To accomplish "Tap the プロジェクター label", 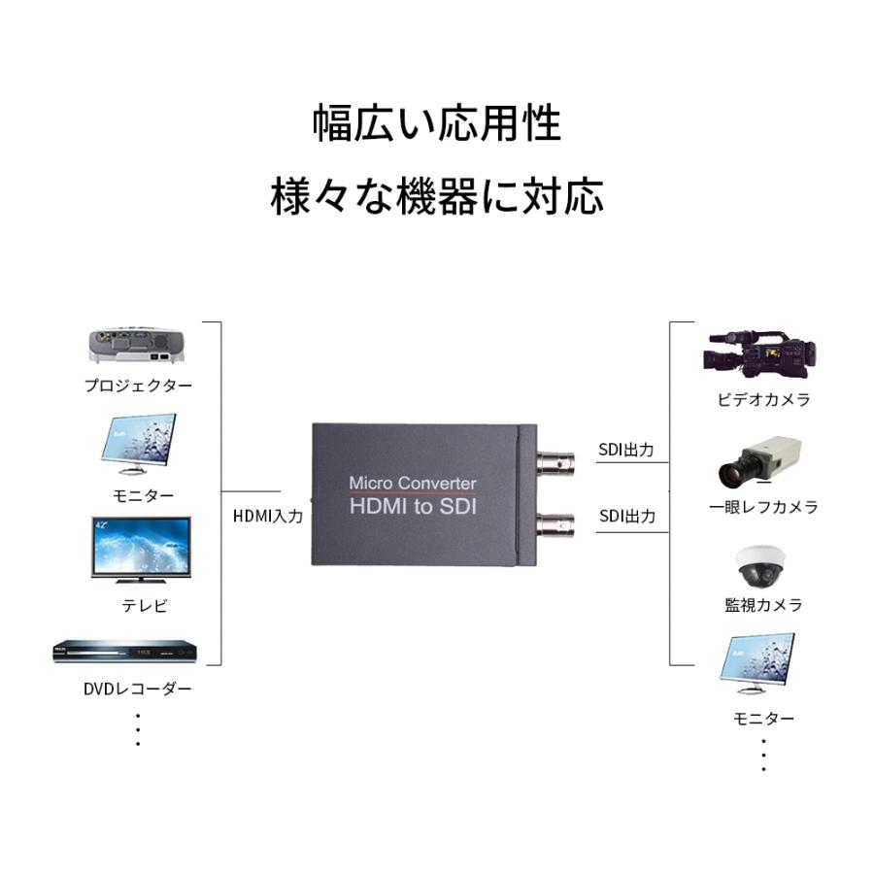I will click(x=138, y=386).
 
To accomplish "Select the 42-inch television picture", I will click(x=141, y=549).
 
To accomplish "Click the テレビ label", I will click(x=144, y=606).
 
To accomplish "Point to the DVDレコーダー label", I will click(x=137, y=689).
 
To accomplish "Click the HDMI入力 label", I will click(x=268, y=516).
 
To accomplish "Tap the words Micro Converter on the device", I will click(x=412, y=483).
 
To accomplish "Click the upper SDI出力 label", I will click(x=626, y=451).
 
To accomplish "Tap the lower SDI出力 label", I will click(x=626, y=516).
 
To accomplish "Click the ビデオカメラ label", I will click(x=763, y=399).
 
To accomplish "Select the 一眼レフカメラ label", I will click(x=763, y=507).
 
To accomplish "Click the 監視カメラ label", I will click(x=763, y=605).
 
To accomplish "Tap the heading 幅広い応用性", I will click(x=437, y=124).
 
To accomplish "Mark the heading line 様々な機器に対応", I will click(x=437, y=197).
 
